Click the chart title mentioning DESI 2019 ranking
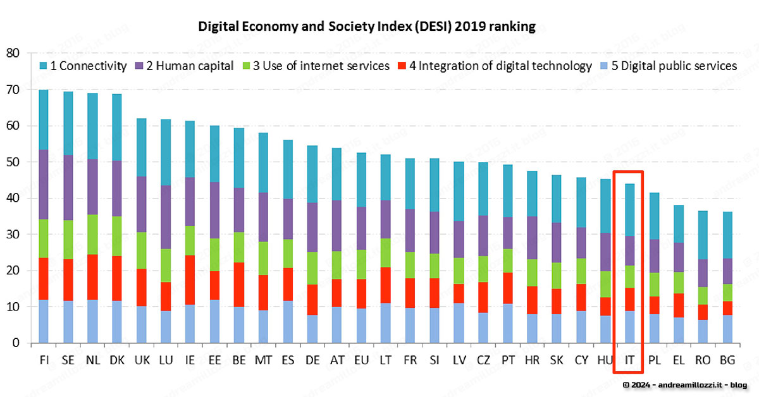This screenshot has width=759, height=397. pyautogui.click(x=367, y=27)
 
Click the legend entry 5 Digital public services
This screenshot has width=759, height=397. pyautogui.click(x=676, y=66)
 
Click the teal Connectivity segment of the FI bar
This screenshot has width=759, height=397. pyautogui.click(x=44, y=119)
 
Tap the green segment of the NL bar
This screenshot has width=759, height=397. pyautogui.click(x=93, y=235)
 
